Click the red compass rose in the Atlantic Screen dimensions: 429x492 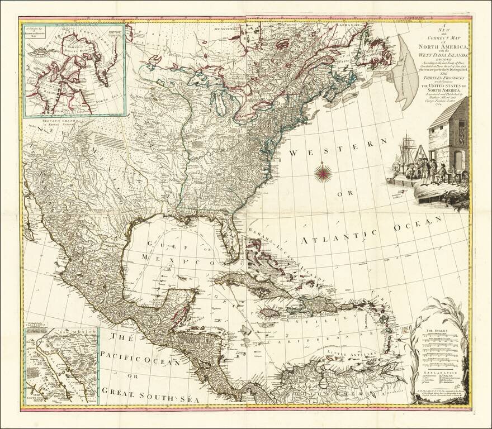(x=323, y=173)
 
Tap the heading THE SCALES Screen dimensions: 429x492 (x=435, y=331)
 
